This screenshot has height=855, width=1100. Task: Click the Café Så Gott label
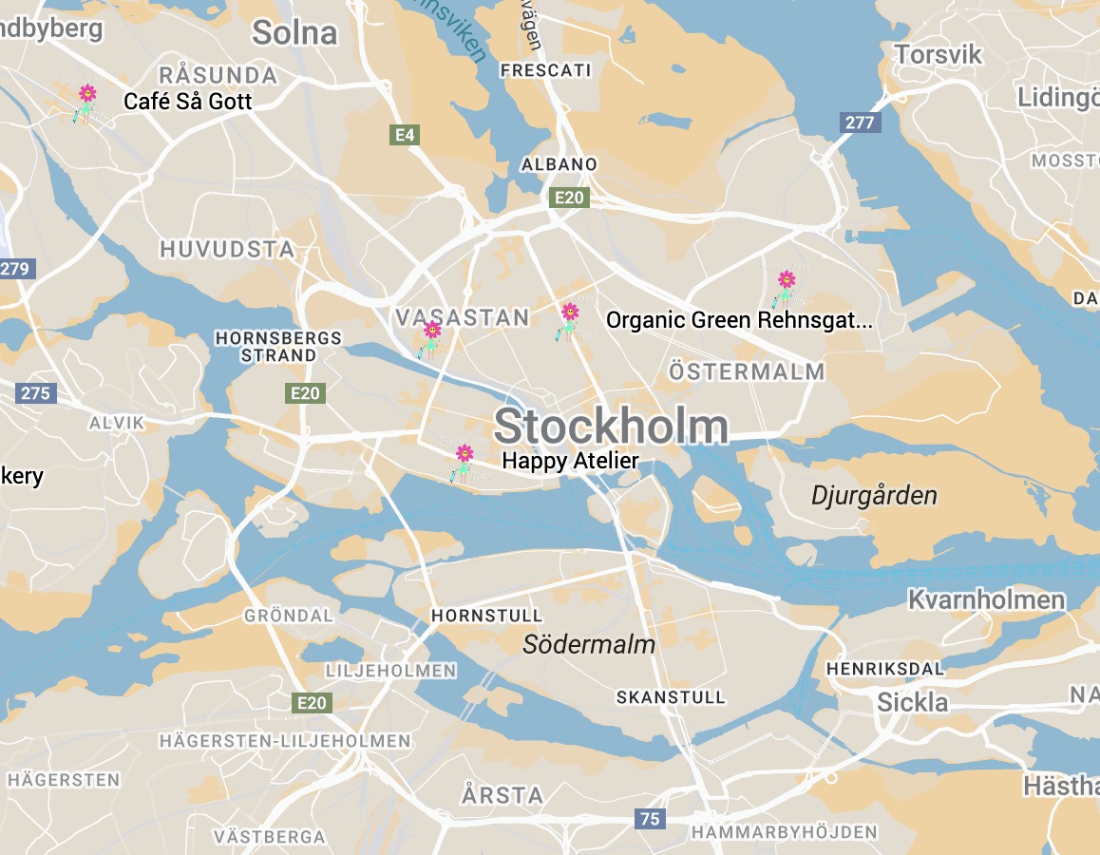pos(188,101)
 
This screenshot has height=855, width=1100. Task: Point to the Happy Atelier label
pos(570,461)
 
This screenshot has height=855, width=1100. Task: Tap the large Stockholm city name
pos(611,427)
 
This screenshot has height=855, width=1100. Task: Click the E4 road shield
pos(406,135)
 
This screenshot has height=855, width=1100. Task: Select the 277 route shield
pos(860,122)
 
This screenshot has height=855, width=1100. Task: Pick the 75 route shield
pos(650,819)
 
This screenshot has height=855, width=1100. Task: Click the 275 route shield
pos(36,392)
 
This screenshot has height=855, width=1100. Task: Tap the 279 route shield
pos(15,269)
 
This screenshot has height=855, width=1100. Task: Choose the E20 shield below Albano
pos(569,198)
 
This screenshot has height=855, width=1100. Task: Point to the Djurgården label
pos(874,495)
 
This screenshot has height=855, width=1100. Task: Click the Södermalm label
pos(589,645)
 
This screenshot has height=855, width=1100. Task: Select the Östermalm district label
pos(747,371)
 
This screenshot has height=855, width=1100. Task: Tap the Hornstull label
pos(487,616)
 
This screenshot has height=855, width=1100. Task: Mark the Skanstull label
pos(671,697)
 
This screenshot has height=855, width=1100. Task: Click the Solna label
pos(294,33)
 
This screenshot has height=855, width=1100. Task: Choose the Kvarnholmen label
pos(986,599)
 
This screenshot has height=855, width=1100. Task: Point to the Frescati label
pos(545,70)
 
